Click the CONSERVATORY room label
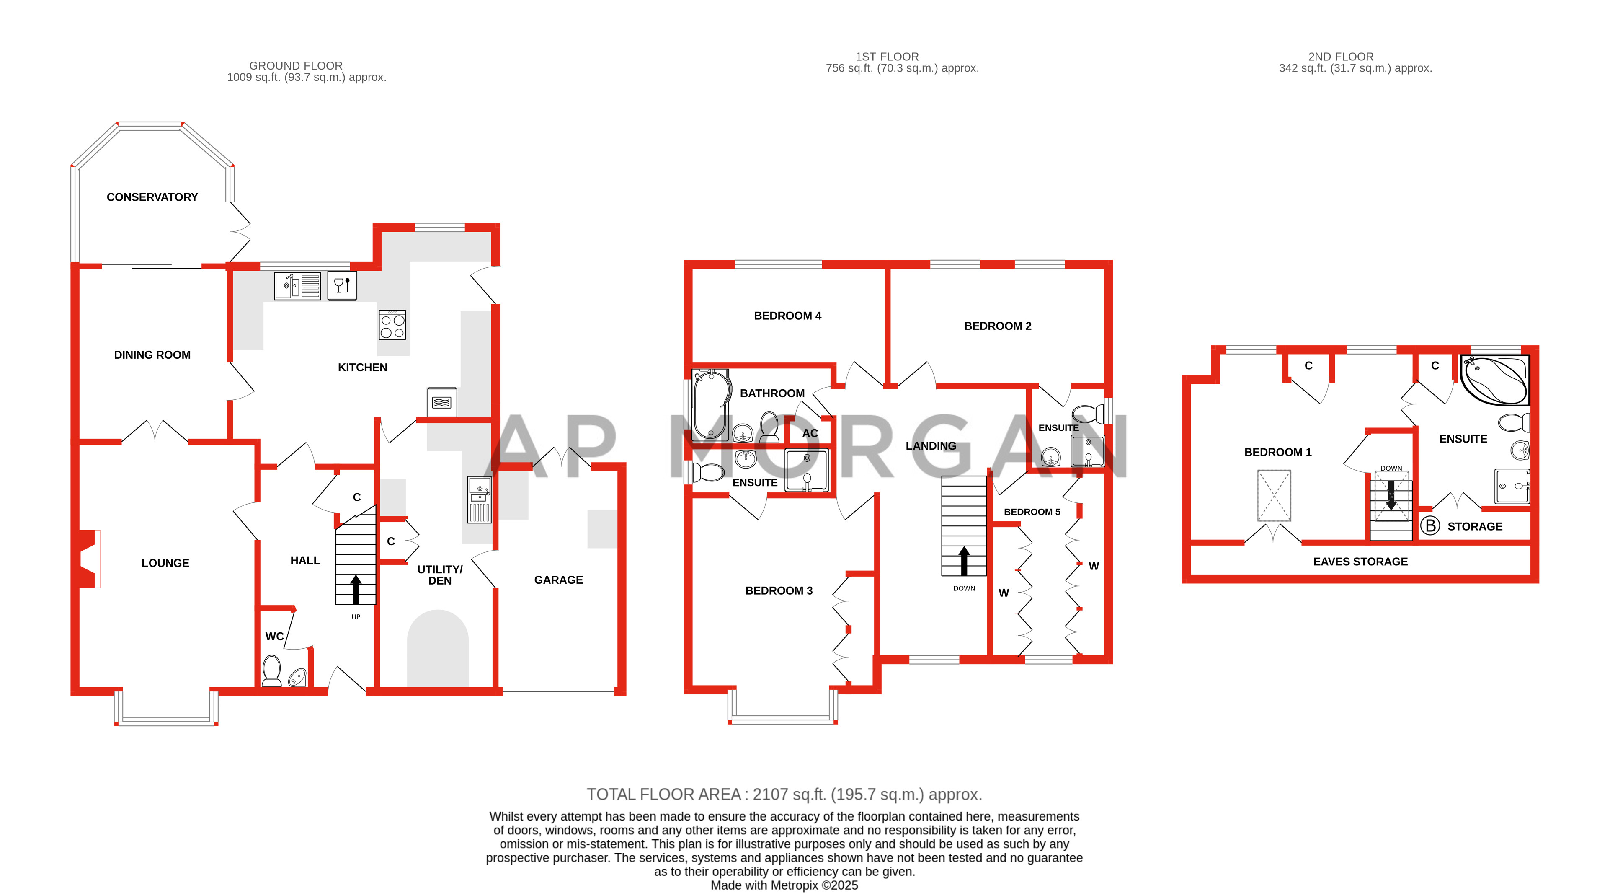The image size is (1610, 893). [152, 197]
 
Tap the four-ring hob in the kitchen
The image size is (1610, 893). [392, 325]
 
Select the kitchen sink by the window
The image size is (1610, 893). [297, 286]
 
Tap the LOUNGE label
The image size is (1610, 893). [165, 563]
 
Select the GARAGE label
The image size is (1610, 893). [558, 580]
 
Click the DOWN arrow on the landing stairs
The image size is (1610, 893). [964, 560]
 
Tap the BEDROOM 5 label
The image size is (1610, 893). [1032, 512]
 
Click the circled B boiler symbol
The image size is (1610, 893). [1429, 525]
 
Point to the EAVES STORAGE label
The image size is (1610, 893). [1360, 562]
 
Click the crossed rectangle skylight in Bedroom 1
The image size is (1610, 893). [1274, 495]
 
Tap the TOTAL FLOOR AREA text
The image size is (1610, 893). [784, 794]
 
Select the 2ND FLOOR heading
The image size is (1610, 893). [1341, 56]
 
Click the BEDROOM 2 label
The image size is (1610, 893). [998, 326]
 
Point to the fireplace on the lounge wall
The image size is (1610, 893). [88, 559]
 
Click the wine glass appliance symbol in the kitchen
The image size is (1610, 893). [342, 286]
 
